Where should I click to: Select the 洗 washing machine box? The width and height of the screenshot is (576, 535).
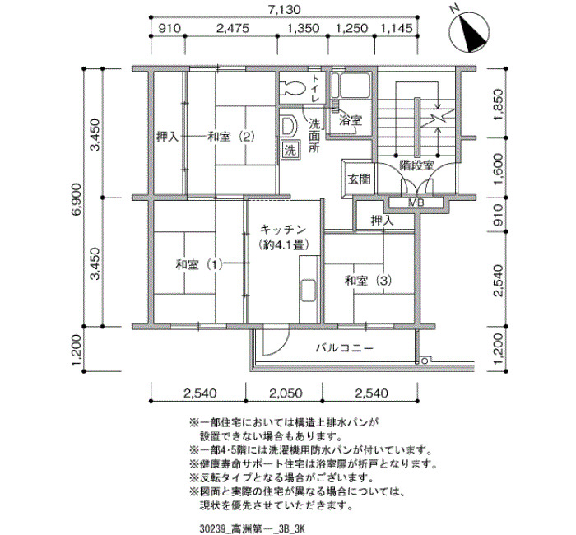click(x=290, y=151)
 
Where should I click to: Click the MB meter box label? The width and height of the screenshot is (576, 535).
click(x=416, y=202)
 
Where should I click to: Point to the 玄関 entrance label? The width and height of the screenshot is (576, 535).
click(x=359, y=179)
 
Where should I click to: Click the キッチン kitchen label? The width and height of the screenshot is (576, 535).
click(x=283, y=230)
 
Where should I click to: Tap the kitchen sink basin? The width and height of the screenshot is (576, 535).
click(x=308, y=291)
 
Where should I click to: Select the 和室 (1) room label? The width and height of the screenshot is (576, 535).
click(x=199, y=264)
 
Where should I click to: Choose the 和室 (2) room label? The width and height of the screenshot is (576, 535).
click(x=231, y=137)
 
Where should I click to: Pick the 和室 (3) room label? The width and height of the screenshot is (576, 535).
click(x=368, y=281)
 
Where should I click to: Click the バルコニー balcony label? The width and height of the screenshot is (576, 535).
click(x=345, y=347)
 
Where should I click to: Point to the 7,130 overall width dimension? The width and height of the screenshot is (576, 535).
click(x=284, y=10)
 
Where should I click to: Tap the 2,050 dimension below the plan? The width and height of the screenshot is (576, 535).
click(x=286, y=393)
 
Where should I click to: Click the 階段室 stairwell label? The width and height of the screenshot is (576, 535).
click(x=417, y=165)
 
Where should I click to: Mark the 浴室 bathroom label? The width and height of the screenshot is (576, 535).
click(x=351, y=120)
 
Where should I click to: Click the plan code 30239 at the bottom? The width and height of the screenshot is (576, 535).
click(x=211, y=528)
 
